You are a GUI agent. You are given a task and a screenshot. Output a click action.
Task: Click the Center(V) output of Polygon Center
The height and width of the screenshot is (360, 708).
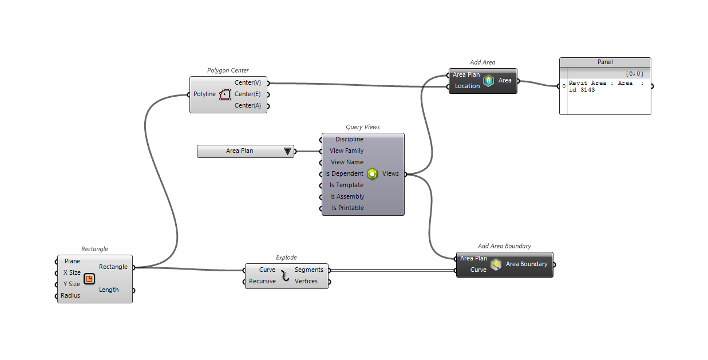click(248, 82)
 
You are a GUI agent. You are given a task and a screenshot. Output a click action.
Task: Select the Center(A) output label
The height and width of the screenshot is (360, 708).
click(248, 105)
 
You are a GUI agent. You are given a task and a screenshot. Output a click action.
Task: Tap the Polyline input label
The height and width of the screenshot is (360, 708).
click(204, 94)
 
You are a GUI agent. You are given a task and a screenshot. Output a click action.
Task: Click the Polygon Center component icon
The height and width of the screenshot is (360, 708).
click(224, 94)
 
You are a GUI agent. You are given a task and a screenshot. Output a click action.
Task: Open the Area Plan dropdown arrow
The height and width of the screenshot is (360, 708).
click(287, 151)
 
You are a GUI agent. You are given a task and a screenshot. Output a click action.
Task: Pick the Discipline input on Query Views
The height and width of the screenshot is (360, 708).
click(349, 139)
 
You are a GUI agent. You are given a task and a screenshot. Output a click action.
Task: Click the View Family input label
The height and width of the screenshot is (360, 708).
click(346, 151)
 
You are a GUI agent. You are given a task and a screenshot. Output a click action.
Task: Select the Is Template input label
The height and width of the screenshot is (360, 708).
click(346, 185)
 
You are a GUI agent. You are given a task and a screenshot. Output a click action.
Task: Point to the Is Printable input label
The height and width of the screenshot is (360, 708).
click(347, 208)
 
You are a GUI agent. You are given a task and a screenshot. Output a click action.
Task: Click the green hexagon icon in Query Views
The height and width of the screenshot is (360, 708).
click(373, 173)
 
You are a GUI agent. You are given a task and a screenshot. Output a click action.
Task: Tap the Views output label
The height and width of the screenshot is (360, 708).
click(390, 173)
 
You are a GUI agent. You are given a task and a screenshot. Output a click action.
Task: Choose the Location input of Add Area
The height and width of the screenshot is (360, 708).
click(467, 86)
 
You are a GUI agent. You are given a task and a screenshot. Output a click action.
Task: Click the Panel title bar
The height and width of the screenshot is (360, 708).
click(605, 62)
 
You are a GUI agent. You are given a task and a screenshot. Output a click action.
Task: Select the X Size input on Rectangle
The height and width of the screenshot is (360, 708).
click(72, 272)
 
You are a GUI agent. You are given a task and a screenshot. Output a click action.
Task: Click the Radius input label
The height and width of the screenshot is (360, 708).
click(70, 295)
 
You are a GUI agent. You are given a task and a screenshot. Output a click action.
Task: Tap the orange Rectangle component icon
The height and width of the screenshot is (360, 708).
click(89, 279)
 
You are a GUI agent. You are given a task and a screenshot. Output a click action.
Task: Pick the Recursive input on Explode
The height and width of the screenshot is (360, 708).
click(262, 281)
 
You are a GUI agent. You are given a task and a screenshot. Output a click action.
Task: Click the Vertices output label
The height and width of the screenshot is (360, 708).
click(306, 281)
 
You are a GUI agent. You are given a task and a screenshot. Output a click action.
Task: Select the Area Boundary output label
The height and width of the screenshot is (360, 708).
click(526, 264)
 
